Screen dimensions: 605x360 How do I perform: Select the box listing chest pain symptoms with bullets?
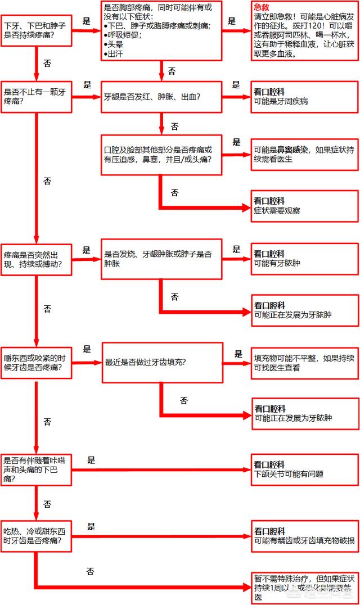tap(161, 30)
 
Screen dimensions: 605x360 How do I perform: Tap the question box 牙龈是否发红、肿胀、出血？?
tap(161, 97)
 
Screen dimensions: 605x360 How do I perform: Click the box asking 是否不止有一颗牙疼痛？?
tap(37, 97)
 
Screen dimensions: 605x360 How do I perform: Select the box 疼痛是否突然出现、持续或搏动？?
tap(37, 259)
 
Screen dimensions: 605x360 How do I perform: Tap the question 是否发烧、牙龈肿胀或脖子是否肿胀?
tap(161, 259)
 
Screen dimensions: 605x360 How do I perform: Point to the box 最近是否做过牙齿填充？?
tap(161, 362)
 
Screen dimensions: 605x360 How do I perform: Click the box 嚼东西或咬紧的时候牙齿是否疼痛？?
tap(37, 363)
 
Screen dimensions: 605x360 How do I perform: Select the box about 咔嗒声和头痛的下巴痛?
tap(37, 469)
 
